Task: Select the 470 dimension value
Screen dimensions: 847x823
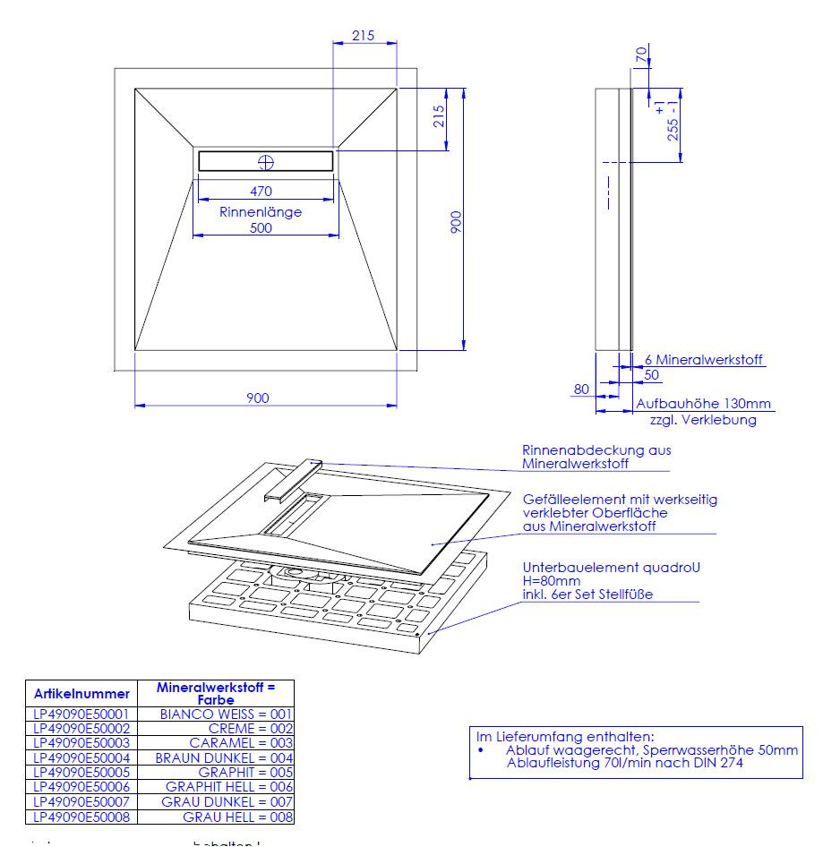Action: click(x=261, y=191)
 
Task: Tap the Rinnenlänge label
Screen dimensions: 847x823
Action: click(x=261, y=212)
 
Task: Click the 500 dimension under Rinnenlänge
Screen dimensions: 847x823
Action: click(x=261, y=228)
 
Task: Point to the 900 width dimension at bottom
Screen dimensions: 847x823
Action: click(x=258, y=398)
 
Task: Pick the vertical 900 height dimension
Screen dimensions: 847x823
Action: click(x=456, y=221)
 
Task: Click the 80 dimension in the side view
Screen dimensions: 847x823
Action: click(x=582, y=389)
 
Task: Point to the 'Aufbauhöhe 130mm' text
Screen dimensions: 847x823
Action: click(x=704, y=405)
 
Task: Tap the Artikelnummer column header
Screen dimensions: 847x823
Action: click(x=81, y=694)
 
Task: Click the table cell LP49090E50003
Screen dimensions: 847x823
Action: click(x=81, y=743)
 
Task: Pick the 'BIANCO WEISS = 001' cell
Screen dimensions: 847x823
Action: click(x=226, y=714)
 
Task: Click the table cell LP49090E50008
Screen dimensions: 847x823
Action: click(x=81, y=817)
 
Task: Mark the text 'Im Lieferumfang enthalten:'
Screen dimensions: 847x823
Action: click(x=564, y=735)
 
